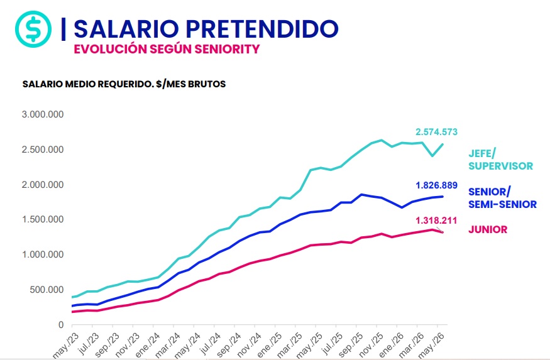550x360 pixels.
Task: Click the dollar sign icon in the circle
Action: pyautogui.click(x=33, y=29)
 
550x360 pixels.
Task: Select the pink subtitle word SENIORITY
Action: pyautogui.click(x=228, y=49)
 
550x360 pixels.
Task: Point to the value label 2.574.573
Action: pyautogui.click(x=436, y=132)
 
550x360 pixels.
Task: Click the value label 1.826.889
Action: pyautogui.click(x=436, y=185)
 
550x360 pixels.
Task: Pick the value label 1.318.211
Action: pyautogui.click(x=436, y=221)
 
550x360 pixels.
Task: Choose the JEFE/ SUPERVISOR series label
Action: pyautogui.click(x=500, y=160)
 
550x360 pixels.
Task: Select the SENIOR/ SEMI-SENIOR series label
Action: pyautogui.click(x=502, y=198)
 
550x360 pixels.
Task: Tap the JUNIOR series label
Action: pyautogui.click(x=488, y=229)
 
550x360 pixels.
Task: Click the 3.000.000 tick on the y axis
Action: pyautogui.click(x=43, y=114)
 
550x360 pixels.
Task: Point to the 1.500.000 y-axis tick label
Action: pyautogui.click(x=43, y=219)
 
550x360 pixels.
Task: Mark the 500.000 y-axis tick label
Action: pyautogui.click(x=47, y=290)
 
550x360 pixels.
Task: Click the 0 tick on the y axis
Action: pyautogui.click(x=61, y=325)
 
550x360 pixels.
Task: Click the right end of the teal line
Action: pyautogui.click(x=443, y=144)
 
